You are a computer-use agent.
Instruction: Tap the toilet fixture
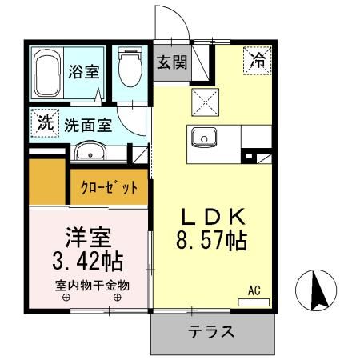tap(128, 70)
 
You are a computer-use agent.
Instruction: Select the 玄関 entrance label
tap(171, 61)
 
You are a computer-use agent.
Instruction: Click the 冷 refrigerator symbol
tap(258, 59)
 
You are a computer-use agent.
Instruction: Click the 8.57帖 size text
tap(213, 239)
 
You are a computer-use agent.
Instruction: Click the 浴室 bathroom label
tap(84, 71)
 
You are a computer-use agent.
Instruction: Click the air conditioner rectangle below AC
tap(254, 301)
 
